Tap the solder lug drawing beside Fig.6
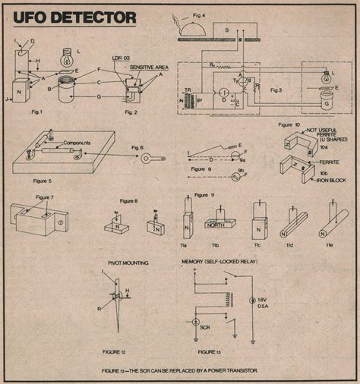point(144,159)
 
